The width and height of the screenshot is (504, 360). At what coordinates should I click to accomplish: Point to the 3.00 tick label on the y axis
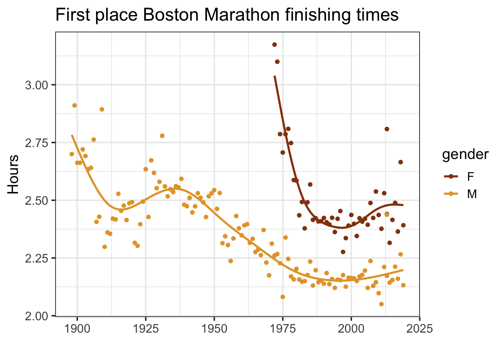(x=37, y=85)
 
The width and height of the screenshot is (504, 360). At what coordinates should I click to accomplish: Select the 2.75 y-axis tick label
(x=37, y=143)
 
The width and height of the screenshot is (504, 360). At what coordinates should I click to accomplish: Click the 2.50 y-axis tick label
(x=37, y=201)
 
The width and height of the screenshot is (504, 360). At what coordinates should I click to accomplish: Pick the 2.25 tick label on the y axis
(x=37, y=258)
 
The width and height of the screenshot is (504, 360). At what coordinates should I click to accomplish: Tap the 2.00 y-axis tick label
(x=37, y=316)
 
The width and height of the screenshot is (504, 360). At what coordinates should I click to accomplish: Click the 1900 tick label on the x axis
(x=77, y=329)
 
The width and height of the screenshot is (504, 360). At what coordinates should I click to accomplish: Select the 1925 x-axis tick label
(x=145, y=329)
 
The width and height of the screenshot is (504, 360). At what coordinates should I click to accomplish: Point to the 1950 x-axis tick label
(x=214, y=329)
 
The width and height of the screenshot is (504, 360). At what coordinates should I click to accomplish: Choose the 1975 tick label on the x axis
(x=283, y=329)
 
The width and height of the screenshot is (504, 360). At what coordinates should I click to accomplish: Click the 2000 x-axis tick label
(x=351, y=329)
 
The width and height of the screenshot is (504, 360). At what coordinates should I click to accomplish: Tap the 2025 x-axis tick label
(x=420, y=329)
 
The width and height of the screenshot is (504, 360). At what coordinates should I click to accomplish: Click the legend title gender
(x=465, y=154)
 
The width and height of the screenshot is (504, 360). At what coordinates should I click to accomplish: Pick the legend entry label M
(x=471, y=194)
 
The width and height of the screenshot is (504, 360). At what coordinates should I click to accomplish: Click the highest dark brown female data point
(x=274, y=45)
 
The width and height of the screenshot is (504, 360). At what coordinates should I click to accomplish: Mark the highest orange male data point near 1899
(x=74, y=105)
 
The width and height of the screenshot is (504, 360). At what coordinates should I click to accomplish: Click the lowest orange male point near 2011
(x=381, y=304)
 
